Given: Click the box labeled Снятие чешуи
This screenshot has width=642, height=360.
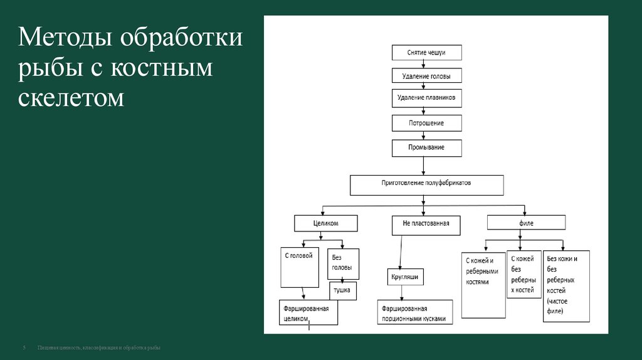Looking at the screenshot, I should click(426, 53).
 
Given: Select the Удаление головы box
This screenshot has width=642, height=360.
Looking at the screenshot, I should click(426, 76).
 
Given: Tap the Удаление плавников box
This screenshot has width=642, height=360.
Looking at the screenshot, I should click(426, 98).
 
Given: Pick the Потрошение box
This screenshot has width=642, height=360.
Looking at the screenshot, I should click(426, 123).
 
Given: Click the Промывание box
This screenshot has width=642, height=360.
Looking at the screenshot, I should click(426, 147).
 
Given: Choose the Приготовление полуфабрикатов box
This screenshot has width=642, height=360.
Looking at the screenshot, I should click(426, 184).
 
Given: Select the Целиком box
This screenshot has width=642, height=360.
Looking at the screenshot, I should click(325, 223).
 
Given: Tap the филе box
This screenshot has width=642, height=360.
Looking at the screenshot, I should click(525, 223).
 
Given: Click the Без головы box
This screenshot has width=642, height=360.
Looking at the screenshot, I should click(343, 263).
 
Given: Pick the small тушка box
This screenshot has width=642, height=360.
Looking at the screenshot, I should click(342, 291).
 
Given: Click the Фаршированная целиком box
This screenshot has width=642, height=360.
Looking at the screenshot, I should click(308, 313).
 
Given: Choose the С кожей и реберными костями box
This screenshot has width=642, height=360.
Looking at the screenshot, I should click(483, 285).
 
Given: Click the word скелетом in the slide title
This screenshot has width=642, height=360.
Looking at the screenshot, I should click(71, 97).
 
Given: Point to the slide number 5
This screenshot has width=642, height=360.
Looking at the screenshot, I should click(24, 347).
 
